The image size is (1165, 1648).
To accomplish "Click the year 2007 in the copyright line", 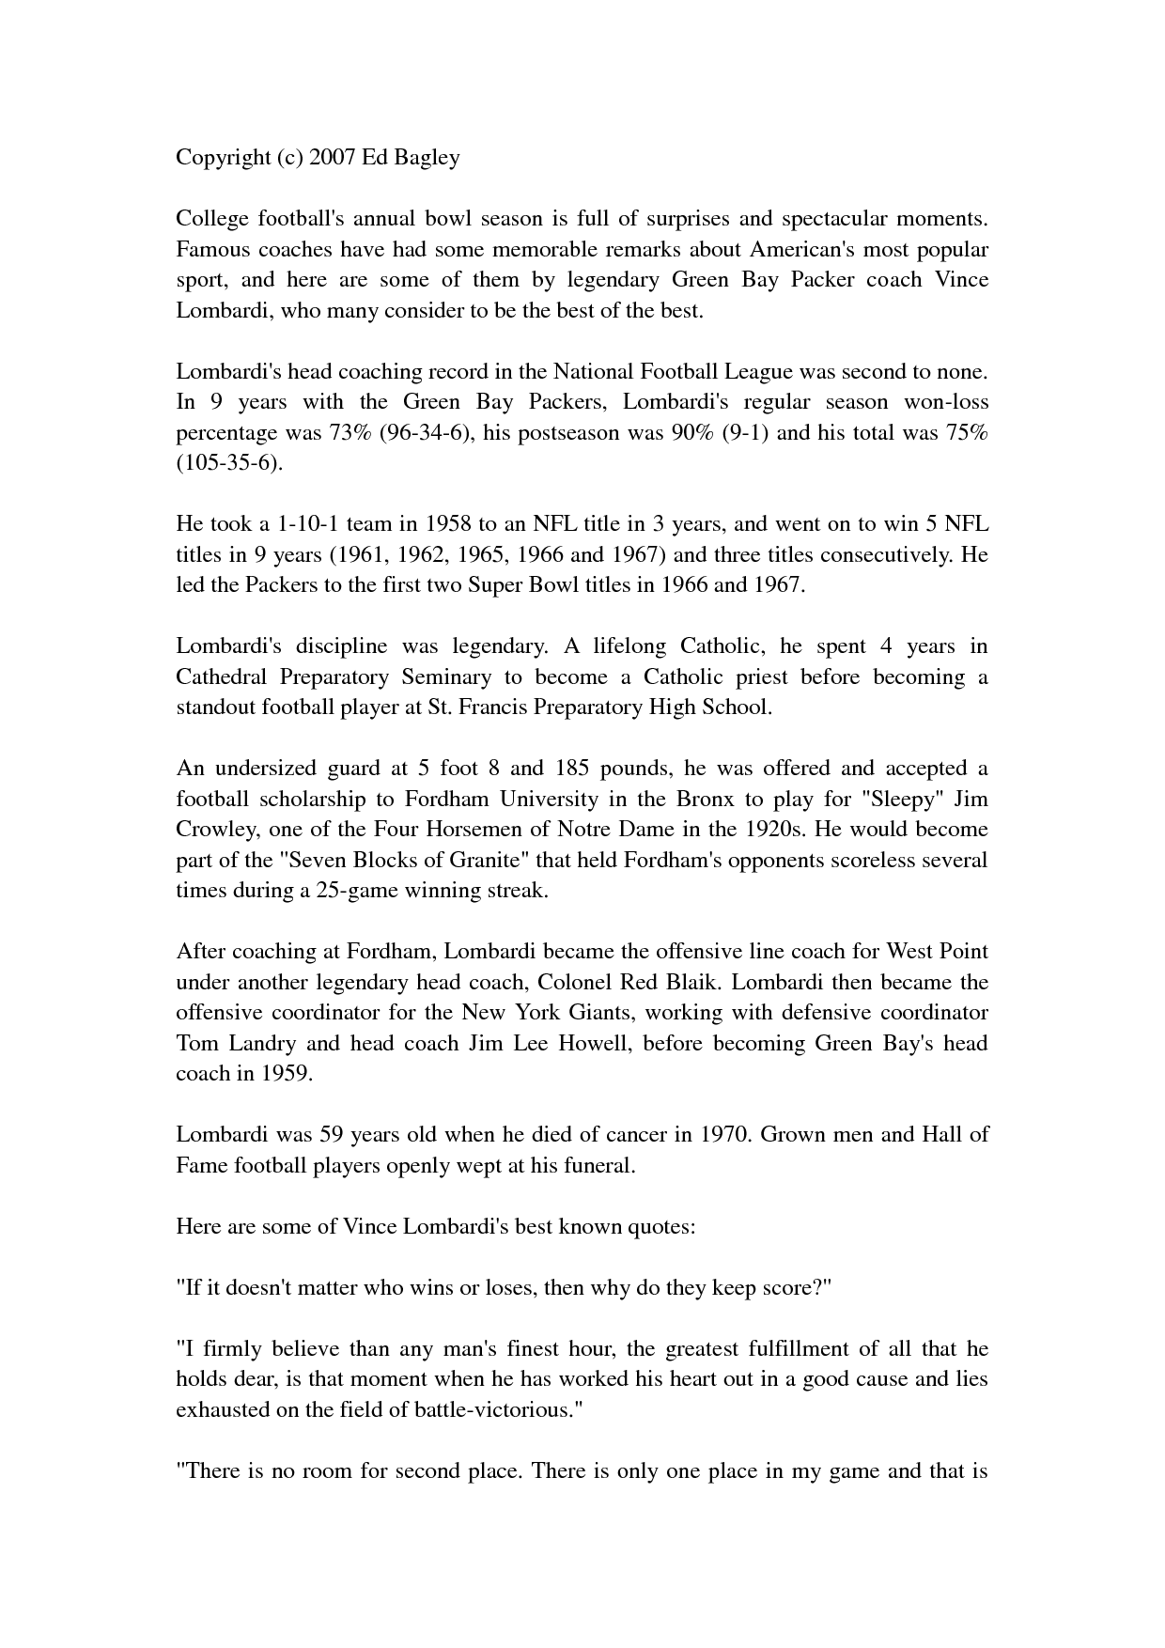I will (331, 157).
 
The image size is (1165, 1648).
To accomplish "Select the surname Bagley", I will (426, 157).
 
